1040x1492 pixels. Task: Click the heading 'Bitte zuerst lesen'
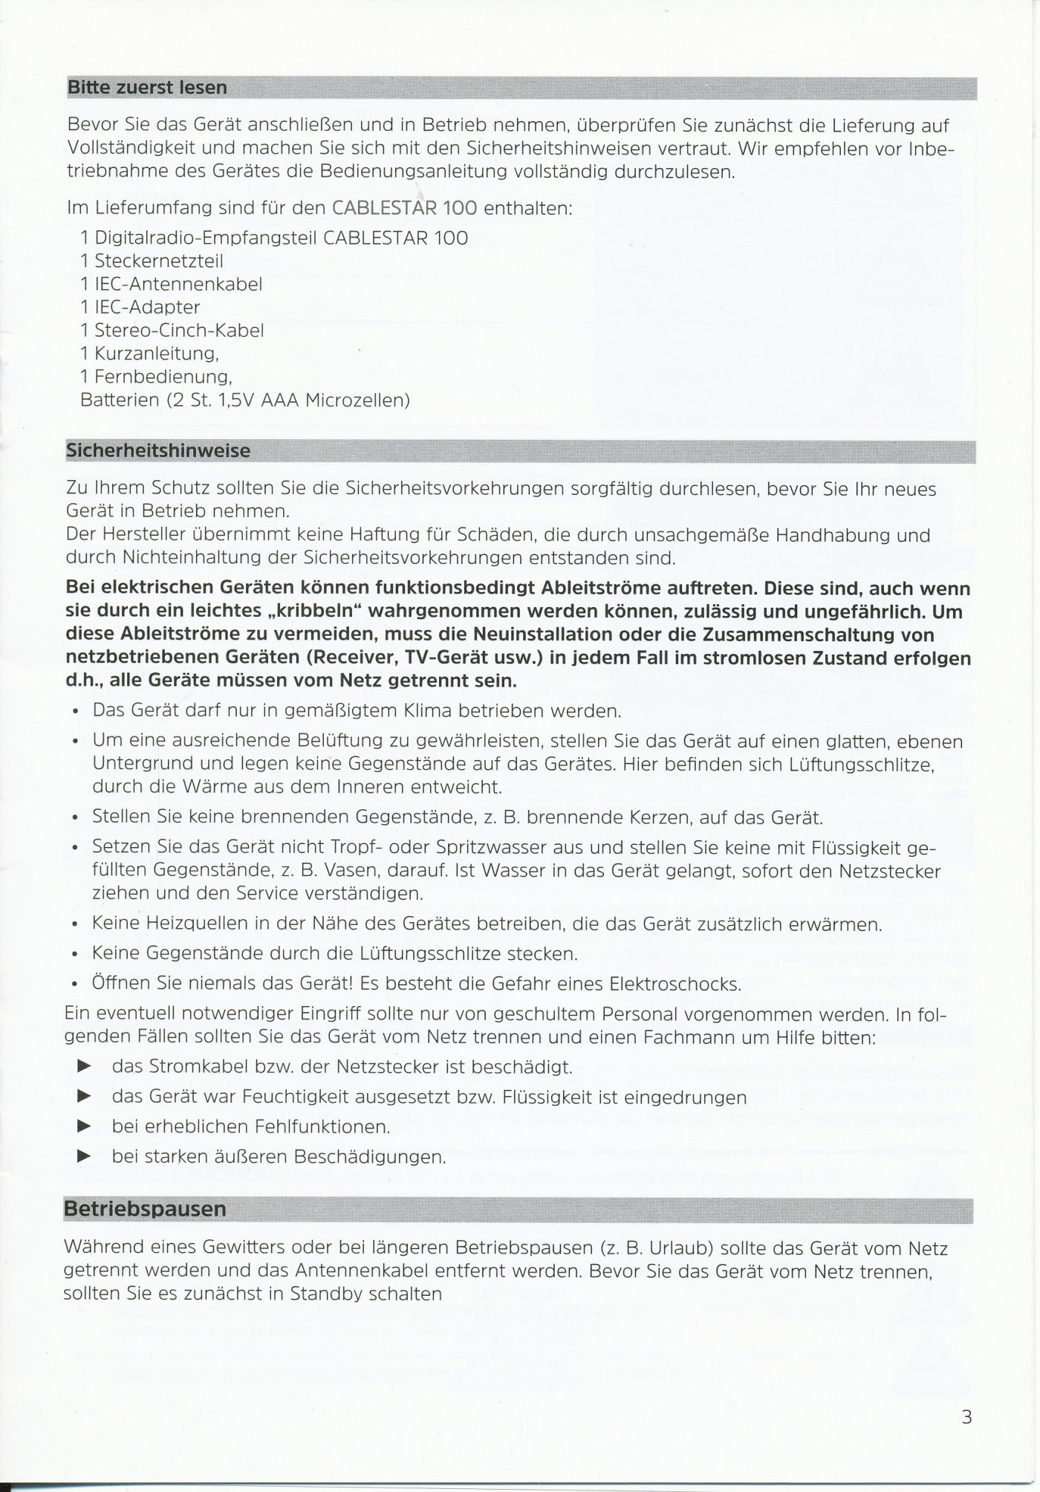point(147,88)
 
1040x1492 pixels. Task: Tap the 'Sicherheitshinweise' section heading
point(158,451)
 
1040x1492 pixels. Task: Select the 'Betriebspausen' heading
point(145,1209)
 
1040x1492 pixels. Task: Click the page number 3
point(966,1417)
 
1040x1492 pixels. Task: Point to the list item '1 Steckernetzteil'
point(152,261)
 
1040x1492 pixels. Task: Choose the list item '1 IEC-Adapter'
point(140,307)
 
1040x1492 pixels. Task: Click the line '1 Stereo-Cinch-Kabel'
point(172,330)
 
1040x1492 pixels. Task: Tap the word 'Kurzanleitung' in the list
point(155,354)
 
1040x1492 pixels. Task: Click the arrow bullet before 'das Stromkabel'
point(85,1067)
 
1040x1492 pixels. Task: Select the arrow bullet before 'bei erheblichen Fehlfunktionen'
point(85,1126)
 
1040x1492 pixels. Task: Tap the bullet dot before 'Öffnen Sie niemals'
point(76,986)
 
